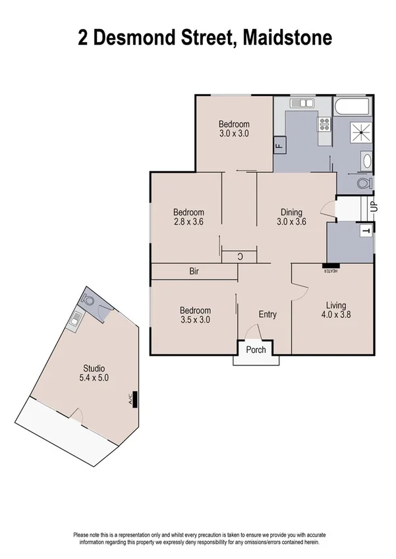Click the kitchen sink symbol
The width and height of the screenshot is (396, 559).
[304, 103]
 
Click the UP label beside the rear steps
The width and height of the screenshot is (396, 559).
[373, 205]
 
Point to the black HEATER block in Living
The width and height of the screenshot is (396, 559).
[330, 267]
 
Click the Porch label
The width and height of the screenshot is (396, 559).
[256, 350]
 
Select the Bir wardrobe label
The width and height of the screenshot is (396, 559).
[194, 271]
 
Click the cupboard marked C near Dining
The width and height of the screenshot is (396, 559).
[239, 257]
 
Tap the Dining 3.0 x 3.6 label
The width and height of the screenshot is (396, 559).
[291, 217]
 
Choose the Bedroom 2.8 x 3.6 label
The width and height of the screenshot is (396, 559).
[188, 217]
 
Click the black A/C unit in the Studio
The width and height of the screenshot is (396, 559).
[134, 398]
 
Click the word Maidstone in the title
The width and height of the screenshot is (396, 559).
[287, 38]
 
